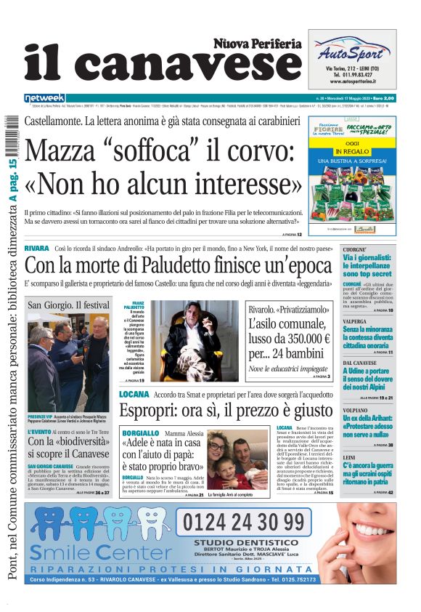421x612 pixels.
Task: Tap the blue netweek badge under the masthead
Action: click(x=44, y=97)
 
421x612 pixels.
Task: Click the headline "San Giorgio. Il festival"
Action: click(x=69, y=305)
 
